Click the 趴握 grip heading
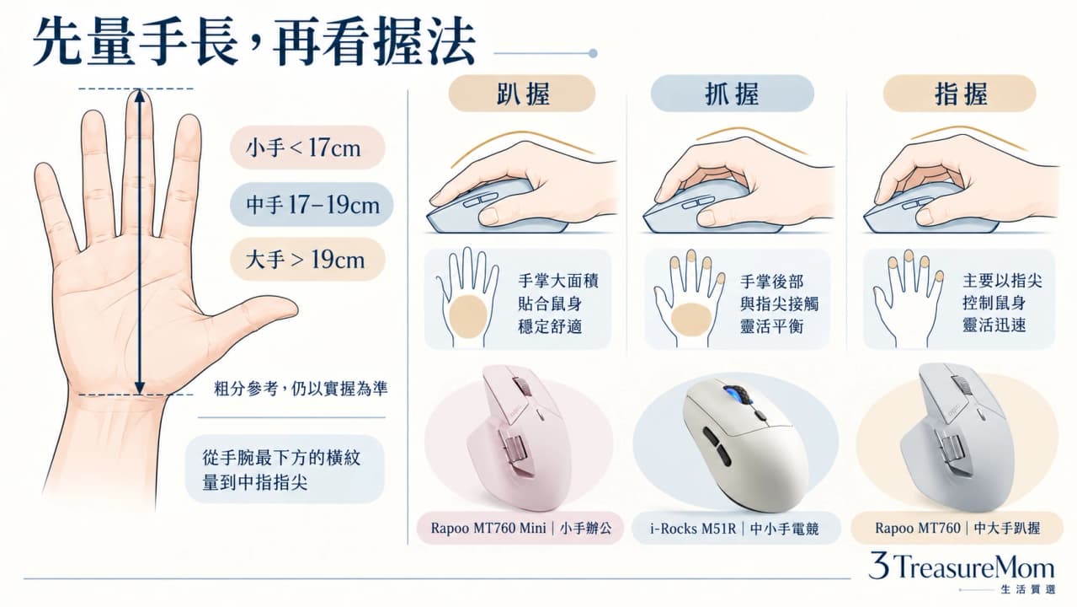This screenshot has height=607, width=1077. tap(522, 94)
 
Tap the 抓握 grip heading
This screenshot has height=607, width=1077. tap(732, 94)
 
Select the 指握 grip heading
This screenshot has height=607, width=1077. tap(960, 94)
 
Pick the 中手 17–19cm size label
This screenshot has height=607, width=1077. tap(312, 205)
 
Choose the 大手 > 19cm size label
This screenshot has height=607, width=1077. tap(307, 260)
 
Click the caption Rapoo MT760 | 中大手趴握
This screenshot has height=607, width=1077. tap(957, 528)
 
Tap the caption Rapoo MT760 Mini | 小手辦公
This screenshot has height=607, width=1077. tap(520, 528)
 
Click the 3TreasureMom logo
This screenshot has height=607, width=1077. tap(962, 572)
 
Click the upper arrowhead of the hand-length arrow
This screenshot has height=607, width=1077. tap(140, 94)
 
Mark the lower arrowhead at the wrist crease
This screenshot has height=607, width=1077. tap(140, 389)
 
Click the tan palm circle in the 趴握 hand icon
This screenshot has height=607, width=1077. tap(468, 317)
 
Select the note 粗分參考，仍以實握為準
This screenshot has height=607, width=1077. tap(301, 389)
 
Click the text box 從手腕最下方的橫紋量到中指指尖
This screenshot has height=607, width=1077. tap(285, 470)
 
